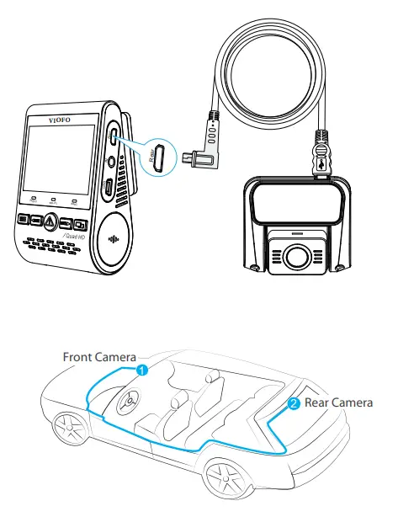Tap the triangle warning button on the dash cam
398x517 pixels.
tap(50, 222)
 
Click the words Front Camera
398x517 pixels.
tap(99, 357)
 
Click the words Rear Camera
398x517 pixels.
tap(338, 402)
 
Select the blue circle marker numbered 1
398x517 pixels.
tap(143, 369)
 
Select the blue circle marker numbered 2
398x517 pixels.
tap(293, 403)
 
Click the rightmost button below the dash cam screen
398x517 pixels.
tap(79, 225)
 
